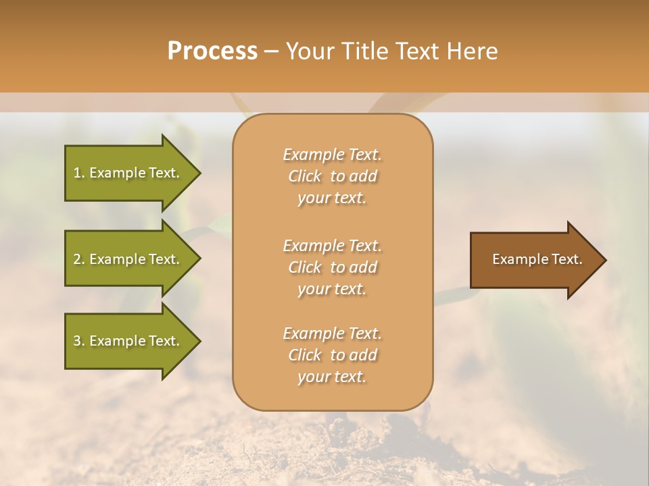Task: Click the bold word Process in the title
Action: (x=212, y=51)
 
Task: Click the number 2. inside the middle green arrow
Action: (x=79, y=259)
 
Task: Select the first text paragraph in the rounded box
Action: (x=332, y=176)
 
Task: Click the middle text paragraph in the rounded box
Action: (x=332, y=267)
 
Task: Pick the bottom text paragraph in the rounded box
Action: (x=332, y=355)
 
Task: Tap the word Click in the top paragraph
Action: (x=305, y=176)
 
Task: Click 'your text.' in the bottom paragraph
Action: (x=332, y=377)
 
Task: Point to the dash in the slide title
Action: (x=271, y=51)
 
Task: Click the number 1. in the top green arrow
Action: (x=79, y=173)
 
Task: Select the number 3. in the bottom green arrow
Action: (x=79, y=341)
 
